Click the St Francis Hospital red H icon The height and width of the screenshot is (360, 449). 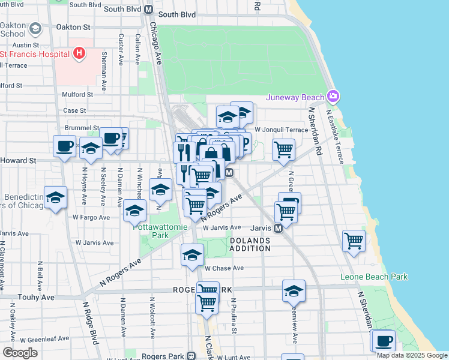[x=79, y=54]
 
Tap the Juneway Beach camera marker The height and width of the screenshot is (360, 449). [x=333, y=97]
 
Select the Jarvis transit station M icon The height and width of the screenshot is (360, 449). [x=279, y=228]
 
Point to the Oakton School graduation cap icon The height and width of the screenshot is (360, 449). [x=35, y=28]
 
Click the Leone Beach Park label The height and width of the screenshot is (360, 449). [x=373, y=277]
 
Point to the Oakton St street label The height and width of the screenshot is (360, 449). [x=73, y=27]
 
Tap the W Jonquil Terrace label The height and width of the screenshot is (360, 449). [x=281, y=130]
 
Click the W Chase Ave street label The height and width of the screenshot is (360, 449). [x=224, y=268]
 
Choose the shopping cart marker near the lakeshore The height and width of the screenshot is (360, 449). [x=354, y=241]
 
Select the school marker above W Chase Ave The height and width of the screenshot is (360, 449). [x=192, y=255]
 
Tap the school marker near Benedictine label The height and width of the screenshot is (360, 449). [x=55, y=198]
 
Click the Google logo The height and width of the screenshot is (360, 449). [x=20, y=353]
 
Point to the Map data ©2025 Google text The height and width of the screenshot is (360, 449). [x=411, y=355]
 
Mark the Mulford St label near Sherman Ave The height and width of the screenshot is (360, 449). [x=77, y=94]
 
